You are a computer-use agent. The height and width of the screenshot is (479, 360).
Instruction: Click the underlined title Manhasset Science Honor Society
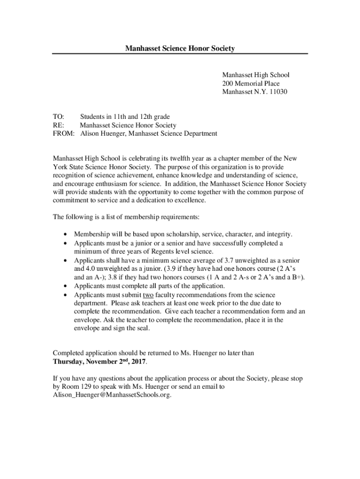click(x=180, y=48)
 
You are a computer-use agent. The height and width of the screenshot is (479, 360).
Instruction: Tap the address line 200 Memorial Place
click(x=251, y=83)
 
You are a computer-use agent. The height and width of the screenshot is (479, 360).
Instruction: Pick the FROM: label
click(x=64, y=133)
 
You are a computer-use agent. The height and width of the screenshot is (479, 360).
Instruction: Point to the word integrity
click(x=279, y=234)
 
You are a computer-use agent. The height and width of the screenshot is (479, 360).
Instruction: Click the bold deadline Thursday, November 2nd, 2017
click(x=100, y=362)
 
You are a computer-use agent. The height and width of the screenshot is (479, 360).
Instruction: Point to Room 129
click(x=76, y=387)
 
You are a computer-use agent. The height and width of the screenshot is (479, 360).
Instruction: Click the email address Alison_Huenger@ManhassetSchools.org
click(x=112, y=395)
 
